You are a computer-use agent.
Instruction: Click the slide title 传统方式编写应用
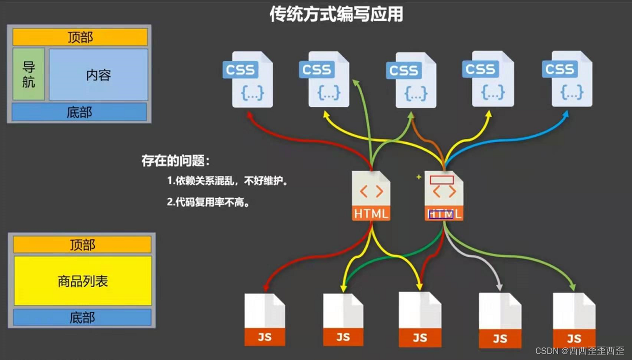pyautogui.click(x=336, y=14)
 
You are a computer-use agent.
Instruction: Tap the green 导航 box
pyautogui.click(x=29, y=74)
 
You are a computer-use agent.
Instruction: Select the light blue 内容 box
pyautogui.click(x=98, y=75)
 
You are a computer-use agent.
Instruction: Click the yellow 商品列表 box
pyautogui.click(x=83, y=281)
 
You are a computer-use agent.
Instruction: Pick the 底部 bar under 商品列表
pyautogui.click(x=82, y=318)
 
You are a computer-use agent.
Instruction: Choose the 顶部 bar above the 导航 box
pyautogui.click(x=80, y=37)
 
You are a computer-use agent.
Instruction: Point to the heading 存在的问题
pyautogui.click(x=176, y=161)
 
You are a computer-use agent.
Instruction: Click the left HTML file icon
pyautogui.click(x=371, y=196)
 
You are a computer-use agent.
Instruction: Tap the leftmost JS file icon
pyautogui.click(x=264, y=320)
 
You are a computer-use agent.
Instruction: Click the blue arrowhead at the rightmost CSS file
pyautogui.click(x=566, y=114)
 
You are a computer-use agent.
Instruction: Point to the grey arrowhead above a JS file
pyautogui.click(x=499, y=288)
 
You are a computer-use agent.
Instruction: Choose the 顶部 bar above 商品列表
pyautogui.click(x=82, y=244)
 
